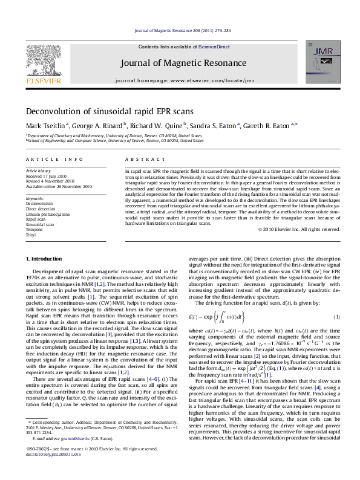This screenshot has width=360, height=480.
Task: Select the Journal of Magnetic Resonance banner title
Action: point(180,62)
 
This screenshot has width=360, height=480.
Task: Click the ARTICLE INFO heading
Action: point(54,159)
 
